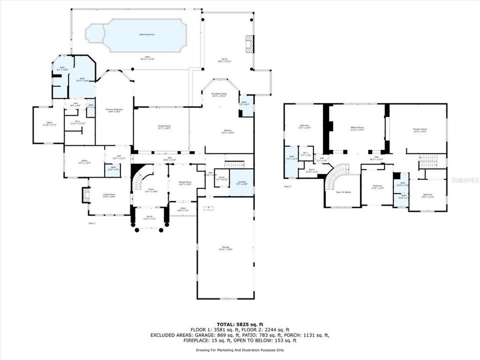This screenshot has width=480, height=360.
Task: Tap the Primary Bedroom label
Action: pyautogui.click(x=114, y=110)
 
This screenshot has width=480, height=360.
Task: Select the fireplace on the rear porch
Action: pyautogui.click(x=249, y=43)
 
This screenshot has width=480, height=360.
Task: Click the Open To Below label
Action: pyautogui.click(x=343, y=192)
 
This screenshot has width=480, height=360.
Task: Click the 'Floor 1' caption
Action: pyautogui.click(x=92, y=223)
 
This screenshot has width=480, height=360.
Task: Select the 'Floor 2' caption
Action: pyautogui.click(x=287, y=186)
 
